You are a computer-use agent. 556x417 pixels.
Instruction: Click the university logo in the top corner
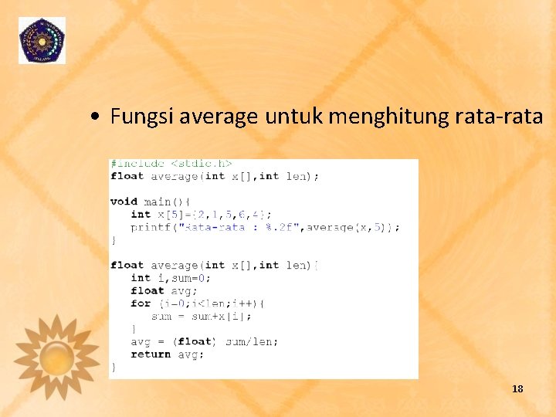(42, 40)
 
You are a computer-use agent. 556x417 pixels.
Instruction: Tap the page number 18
(517, 388)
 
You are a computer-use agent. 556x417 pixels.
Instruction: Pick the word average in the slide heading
(219, 117)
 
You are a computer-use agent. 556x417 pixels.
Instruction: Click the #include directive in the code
(137, 164)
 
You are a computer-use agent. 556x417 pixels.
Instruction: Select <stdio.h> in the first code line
(201, 164)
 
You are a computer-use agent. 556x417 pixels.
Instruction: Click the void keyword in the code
(124, 202)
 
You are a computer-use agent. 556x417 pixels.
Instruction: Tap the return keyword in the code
(151, 354)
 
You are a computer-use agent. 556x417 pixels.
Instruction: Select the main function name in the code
(158, 202)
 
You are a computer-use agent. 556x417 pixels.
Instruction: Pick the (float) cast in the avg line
(194, 341)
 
